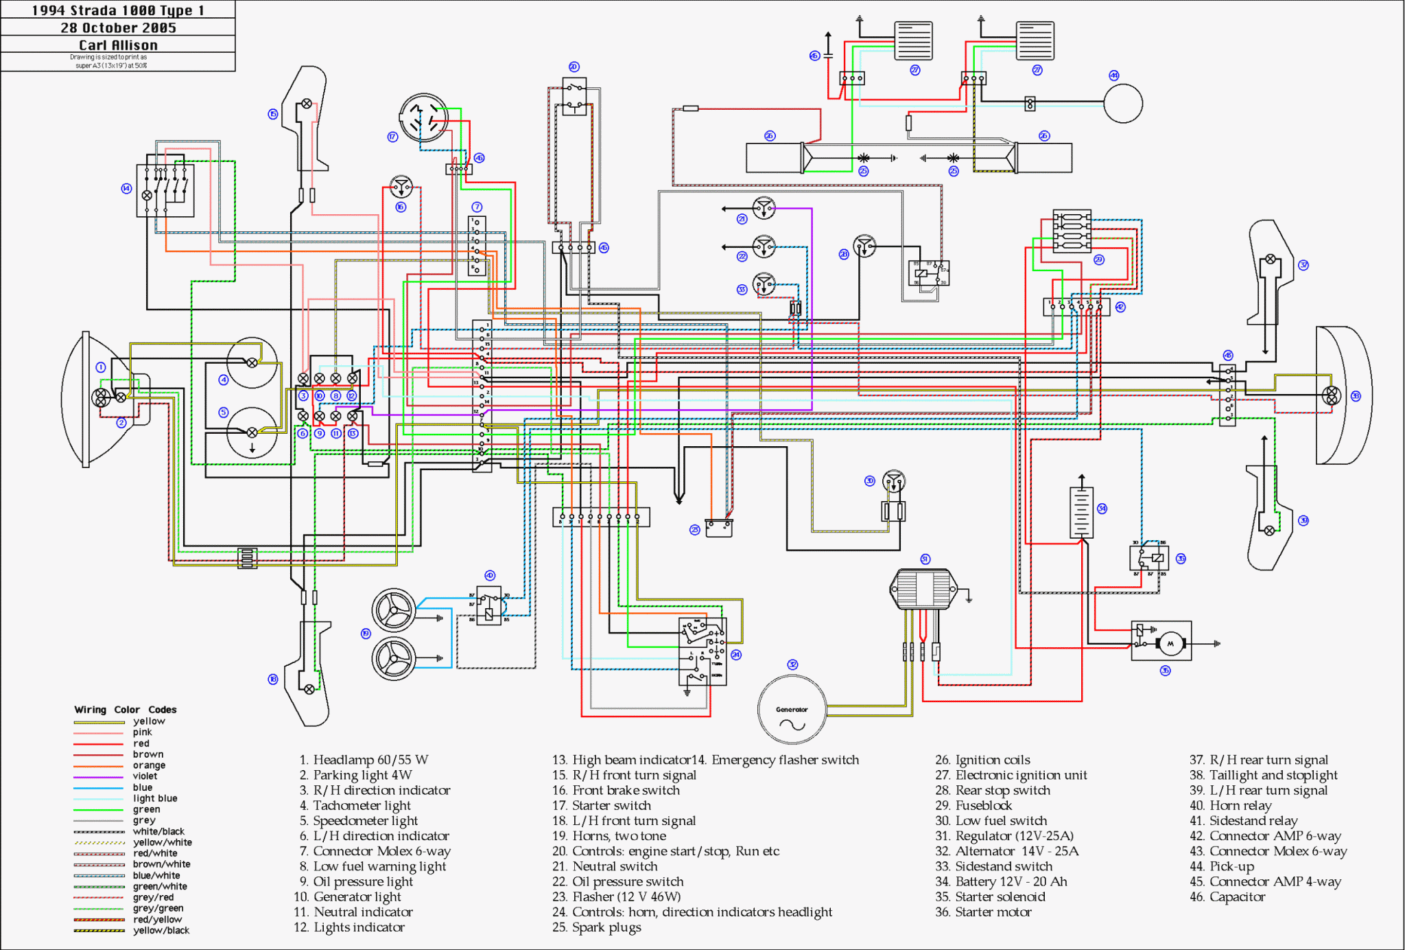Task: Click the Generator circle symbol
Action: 792,710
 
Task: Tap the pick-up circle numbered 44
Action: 1123,104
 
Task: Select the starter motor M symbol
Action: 1170,643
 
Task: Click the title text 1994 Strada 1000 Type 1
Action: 118,10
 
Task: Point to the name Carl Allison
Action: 118,45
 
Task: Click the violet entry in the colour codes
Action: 145,776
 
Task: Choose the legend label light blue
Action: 155,798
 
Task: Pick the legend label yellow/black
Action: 161,931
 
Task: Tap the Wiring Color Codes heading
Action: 126,710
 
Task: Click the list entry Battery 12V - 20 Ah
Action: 1002,881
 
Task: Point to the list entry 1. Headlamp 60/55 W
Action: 364,760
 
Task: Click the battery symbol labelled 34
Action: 1081,512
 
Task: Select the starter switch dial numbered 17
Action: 424,118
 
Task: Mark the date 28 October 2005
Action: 118,28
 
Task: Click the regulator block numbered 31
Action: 923,588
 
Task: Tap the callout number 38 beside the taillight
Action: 1356,396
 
